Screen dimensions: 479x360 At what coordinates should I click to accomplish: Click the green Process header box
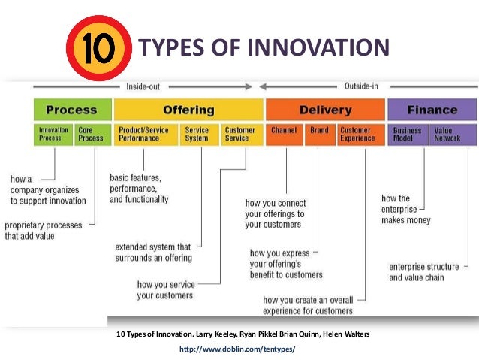coord(72,110)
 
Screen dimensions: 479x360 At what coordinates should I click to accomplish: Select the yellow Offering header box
coord(188,110)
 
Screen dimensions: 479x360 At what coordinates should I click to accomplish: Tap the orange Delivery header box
coord(325,110)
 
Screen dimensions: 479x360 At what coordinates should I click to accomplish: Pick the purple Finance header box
coord(432,110)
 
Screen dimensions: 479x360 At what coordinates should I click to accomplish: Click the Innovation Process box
coord(53,135)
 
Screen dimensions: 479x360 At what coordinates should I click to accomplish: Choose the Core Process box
coord(93,135)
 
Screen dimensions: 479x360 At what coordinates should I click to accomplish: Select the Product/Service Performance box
coord(144,135)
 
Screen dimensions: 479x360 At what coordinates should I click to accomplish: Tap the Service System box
coord(197,135)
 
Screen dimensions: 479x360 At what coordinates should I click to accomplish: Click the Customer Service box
coord(240,135)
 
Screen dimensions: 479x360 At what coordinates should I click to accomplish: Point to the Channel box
coord(285,135)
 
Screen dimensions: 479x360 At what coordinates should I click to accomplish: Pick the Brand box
coord(319,135)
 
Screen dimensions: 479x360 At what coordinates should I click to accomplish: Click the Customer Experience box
coord(357,135)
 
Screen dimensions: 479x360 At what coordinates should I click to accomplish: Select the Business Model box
coord(408,135)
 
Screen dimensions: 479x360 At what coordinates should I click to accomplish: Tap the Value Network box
coord(452,135)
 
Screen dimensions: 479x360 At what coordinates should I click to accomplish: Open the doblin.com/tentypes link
coord(238,349)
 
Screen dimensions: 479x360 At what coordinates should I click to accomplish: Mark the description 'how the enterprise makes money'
coord(405,209)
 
